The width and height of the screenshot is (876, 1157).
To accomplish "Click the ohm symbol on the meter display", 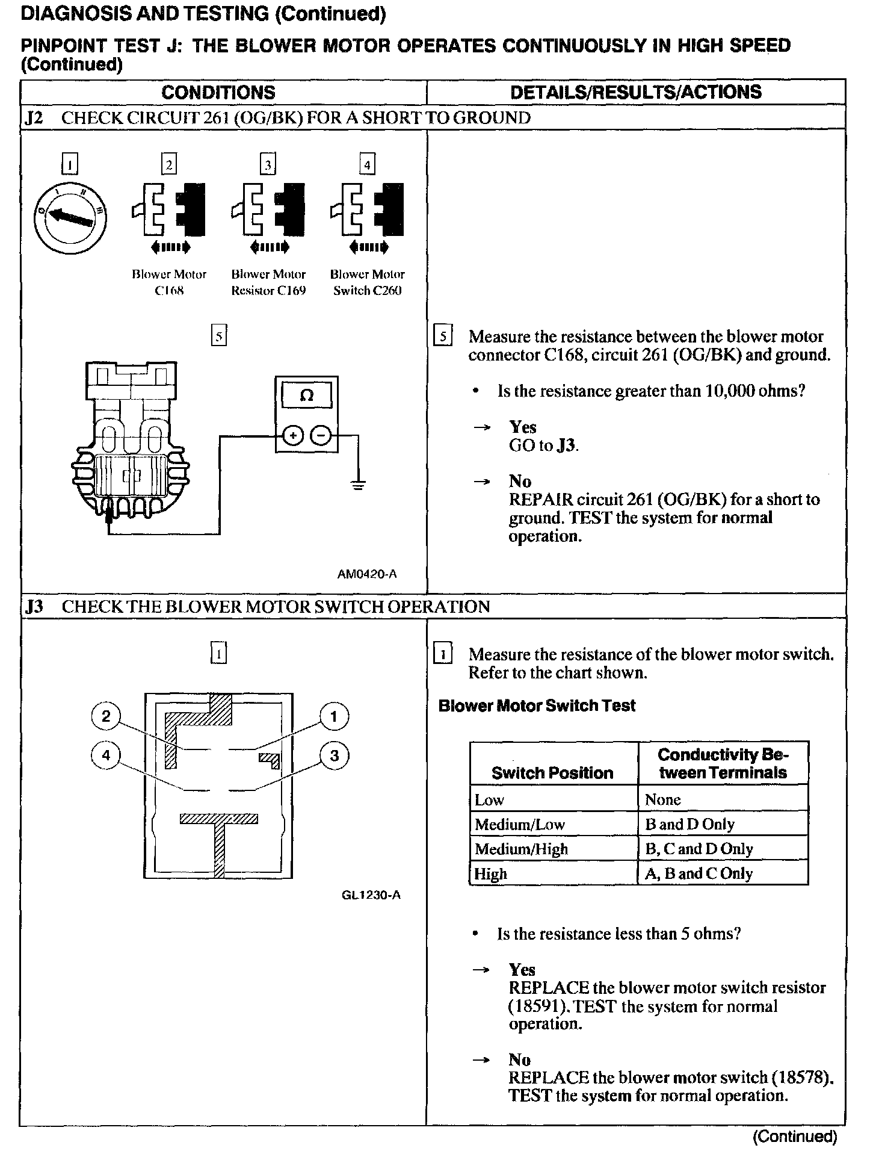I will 306,395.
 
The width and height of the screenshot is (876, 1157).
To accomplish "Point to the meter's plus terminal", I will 292,435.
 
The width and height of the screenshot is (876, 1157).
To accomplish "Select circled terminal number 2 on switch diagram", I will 106,716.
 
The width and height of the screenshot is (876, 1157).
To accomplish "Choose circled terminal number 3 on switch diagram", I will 335,755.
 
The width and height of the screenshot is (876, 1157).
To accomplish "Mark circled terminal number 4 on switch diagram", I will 106,755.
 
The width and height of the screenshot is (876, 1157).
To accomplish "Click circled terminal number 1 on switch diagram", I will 334,716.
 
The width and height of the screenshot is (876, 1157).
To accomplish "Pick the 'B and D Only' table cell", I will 689,824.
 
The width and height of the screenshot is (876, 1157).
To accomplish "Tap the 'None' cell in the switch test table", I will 663,799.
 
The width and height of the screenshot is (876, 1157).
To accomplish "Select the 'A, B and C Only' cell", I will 699,873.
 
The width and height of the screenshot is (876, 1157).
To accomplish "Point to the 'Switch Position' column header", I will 552,773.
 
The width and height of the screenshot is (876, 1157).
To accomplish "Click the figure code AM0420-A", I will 367,574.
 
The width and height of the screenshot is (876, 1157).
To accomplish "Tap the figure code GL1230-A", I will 371,895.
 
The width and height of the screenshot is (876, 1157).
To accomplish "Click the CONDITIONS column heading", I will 218,92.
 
